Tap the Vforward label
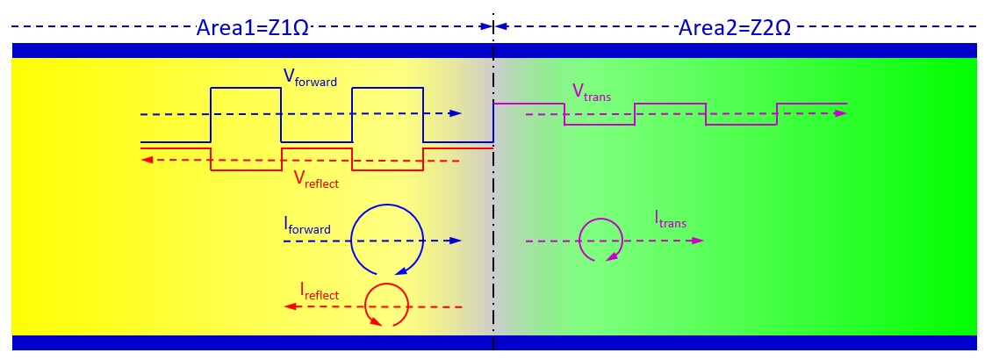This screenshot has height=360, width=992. (x=309, y=78)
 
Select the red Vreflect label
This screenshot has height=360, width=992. (x=315, y=180)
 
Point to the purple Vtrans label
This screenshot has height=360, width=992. (x=591, y=91)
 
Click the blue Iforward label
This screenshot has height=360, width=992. (x=306, y=227)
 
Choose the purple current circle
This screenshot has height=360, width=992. (x=601, y=239)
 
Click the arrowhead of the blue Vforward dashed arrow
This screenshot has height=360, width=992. (x=456, y=114)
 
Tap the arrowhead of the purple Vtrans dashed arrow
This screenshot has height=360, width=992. (x=840, y=114)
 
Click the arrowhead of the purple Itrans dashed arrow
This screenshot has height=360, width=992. (x=697, y=239)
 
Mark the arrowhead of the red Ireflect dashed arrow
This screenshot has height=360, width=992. (x=287, y=306)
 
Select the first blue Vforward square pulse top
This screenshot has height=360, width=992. (x=245, y=88)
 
